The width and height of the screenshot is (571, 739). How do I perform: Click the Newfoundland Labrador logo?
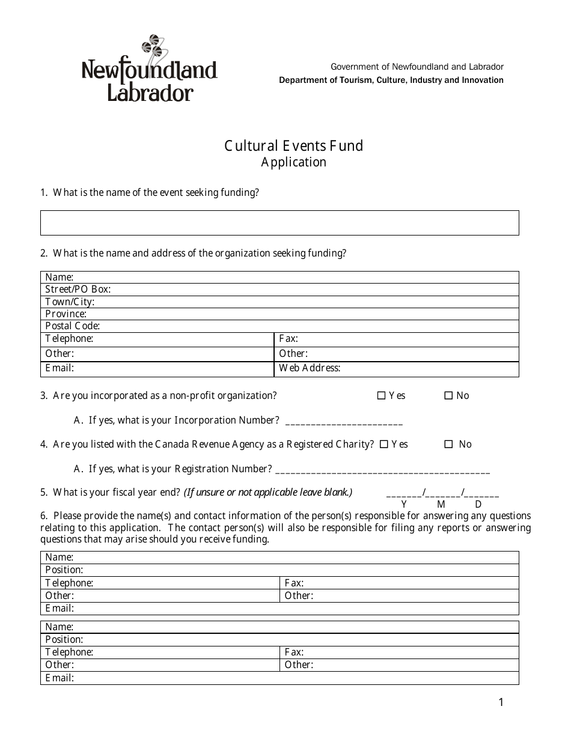(x=149, y=69)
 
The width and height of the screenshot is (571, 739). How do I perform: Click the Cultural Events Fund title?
(x=293, y=146)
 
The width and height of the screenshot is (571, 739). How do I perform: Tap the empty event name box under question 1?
(x=279, y=223)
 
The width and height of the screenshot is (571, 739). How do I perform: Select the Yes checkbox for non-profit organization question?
(x=381, y=396)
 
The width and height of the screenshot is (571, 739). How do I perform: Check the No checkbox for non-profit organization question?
(x=448, y=396)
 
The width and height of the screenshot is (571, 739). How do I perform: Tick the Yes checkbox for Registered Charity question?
(x=383, y=445)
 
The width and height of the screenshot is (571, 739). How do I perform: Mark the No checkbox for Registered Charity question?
(x=448, y=445)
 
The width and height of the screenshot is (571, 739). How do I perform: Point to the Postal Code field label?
(x=73, y=326)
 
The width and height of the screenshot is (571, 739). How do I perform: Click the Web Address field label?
(x=310, y=368)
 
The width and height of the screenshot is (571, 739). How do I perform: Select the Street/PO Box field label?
(x=78, y=290)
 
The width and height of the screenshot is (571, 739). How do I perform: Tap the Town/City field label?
(x=70, y=302)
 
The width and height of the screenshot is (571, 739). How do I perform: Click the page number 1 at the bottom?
(x=501, y=702)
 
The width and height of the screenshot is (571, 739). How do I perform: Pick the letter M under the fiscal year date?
(x=441, y=505)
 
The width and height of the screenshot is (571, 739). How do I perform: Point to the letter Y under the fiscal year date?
(x=404, y=505)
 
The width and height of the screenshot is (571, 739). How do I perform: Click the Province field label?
(x=66, y=314)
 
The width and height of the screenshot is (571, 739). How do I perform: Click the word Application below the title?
(x=293, y=162)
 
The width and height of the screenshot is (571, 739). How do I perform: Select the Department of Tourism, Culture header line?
(x=391, y=81)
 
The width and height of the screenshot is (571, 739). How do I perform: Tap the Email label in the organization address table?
(x=60, y=368)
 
